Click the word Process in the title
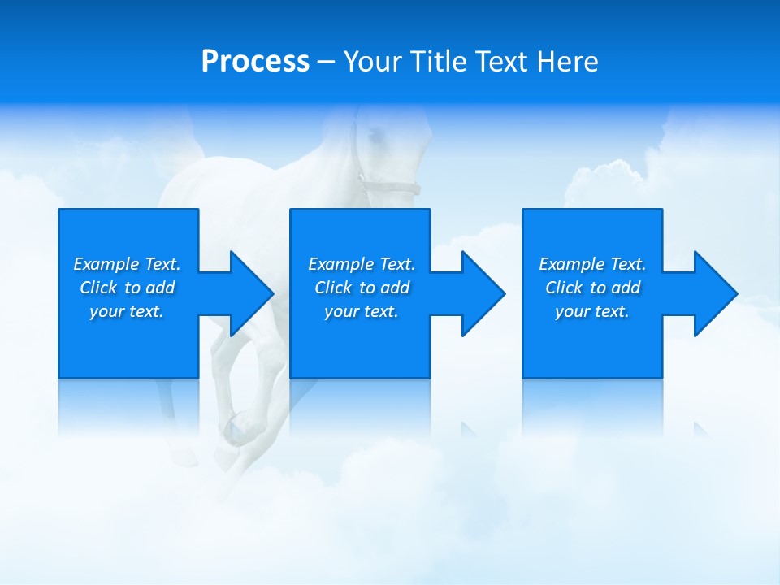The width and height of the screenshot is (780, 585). (x=255, y=62)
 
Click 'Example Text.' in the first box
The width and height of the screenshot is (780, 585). (x=127, y=264)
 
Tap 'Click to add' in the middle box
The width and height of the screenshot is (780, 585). (x=362, y=288)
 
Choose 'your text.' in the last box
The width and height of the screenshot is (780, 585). (x=592, y=311)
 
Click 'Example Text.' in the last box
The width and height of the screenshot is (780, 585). (x=592, y=264)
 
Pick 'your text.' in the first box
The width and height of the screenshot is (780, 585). (x=127, y=311)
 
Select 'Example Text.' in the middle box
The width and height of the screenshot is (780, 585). (x=362, y=264)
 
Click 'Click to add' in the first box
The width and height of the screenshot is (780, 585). (x=127, y=288)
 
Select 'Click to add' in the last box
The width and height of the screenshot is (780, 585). (x=592, y=288)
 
